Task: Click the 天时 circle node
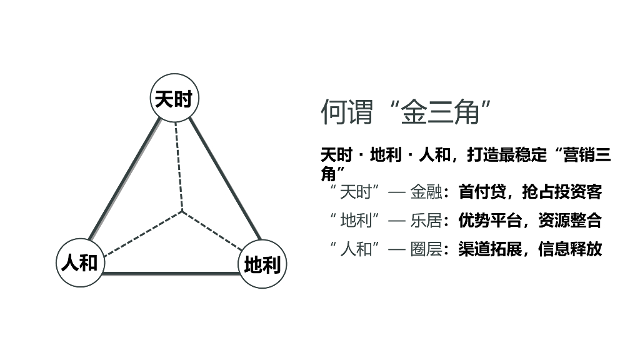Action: coord(174,99)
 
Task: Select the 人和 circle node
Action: coord(79,262)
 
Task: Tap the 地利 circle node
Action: coord(262,264)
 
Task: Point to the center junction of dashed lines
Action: coord(182,212)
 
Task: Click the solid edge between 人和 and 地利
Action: coord(171,272)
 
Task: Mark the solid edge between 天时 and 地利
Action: coord(225,181)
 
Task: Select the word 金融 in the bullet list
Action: coord(426,192)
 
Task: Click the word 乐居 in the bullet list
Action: coord(426,220)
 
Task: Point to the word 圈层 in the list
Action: coord(426,249)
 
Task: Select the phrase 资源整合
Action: coord(569,220)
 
